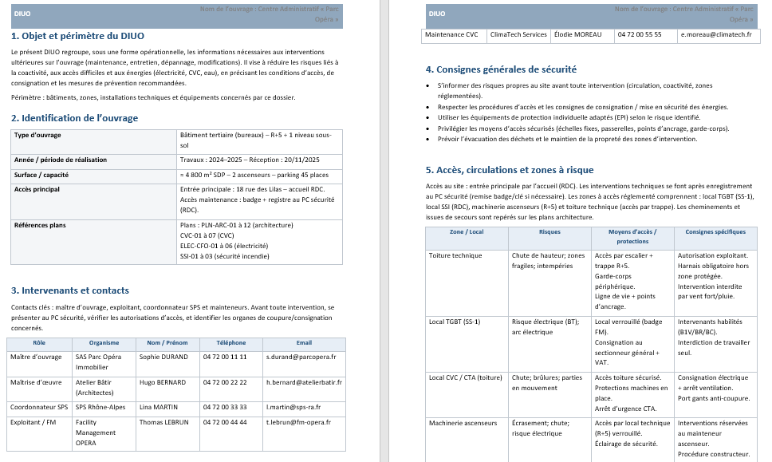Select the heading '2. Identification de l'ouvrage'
74,118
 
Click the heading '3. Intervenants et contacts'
70,290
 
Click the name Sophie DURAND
163,357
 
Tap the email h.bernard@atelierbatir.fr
304,382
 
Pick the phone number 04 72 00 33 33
225,407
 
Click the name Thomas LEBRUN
163,422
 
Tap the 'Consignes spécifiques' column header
715,232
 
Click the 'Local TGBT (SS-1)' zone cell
455,322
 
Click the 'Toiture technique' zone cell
455,256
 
